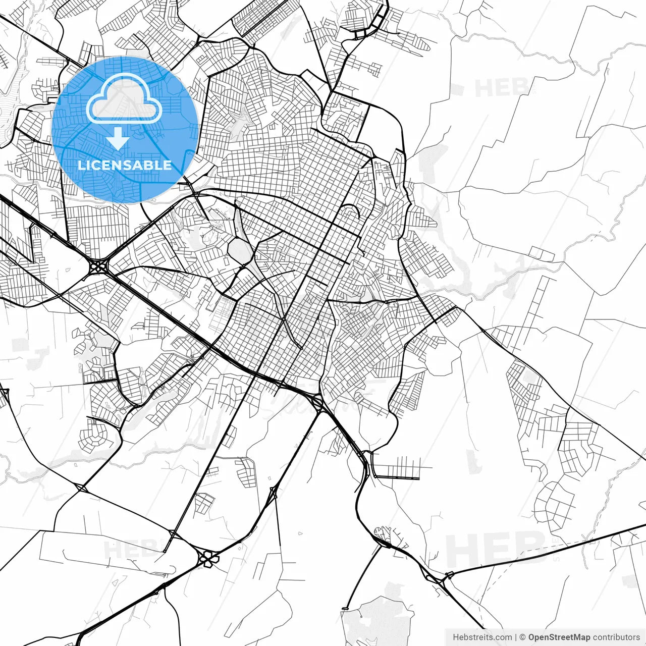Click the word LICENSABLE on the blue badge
(125, 165)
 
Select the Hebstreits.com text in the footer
(482, 637)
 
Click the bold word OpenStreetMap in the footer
(559, 637)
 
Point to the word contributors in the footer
(616, 637)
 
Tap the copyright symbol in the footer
(522, 637)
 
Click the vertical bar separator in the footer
(515, 637)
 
